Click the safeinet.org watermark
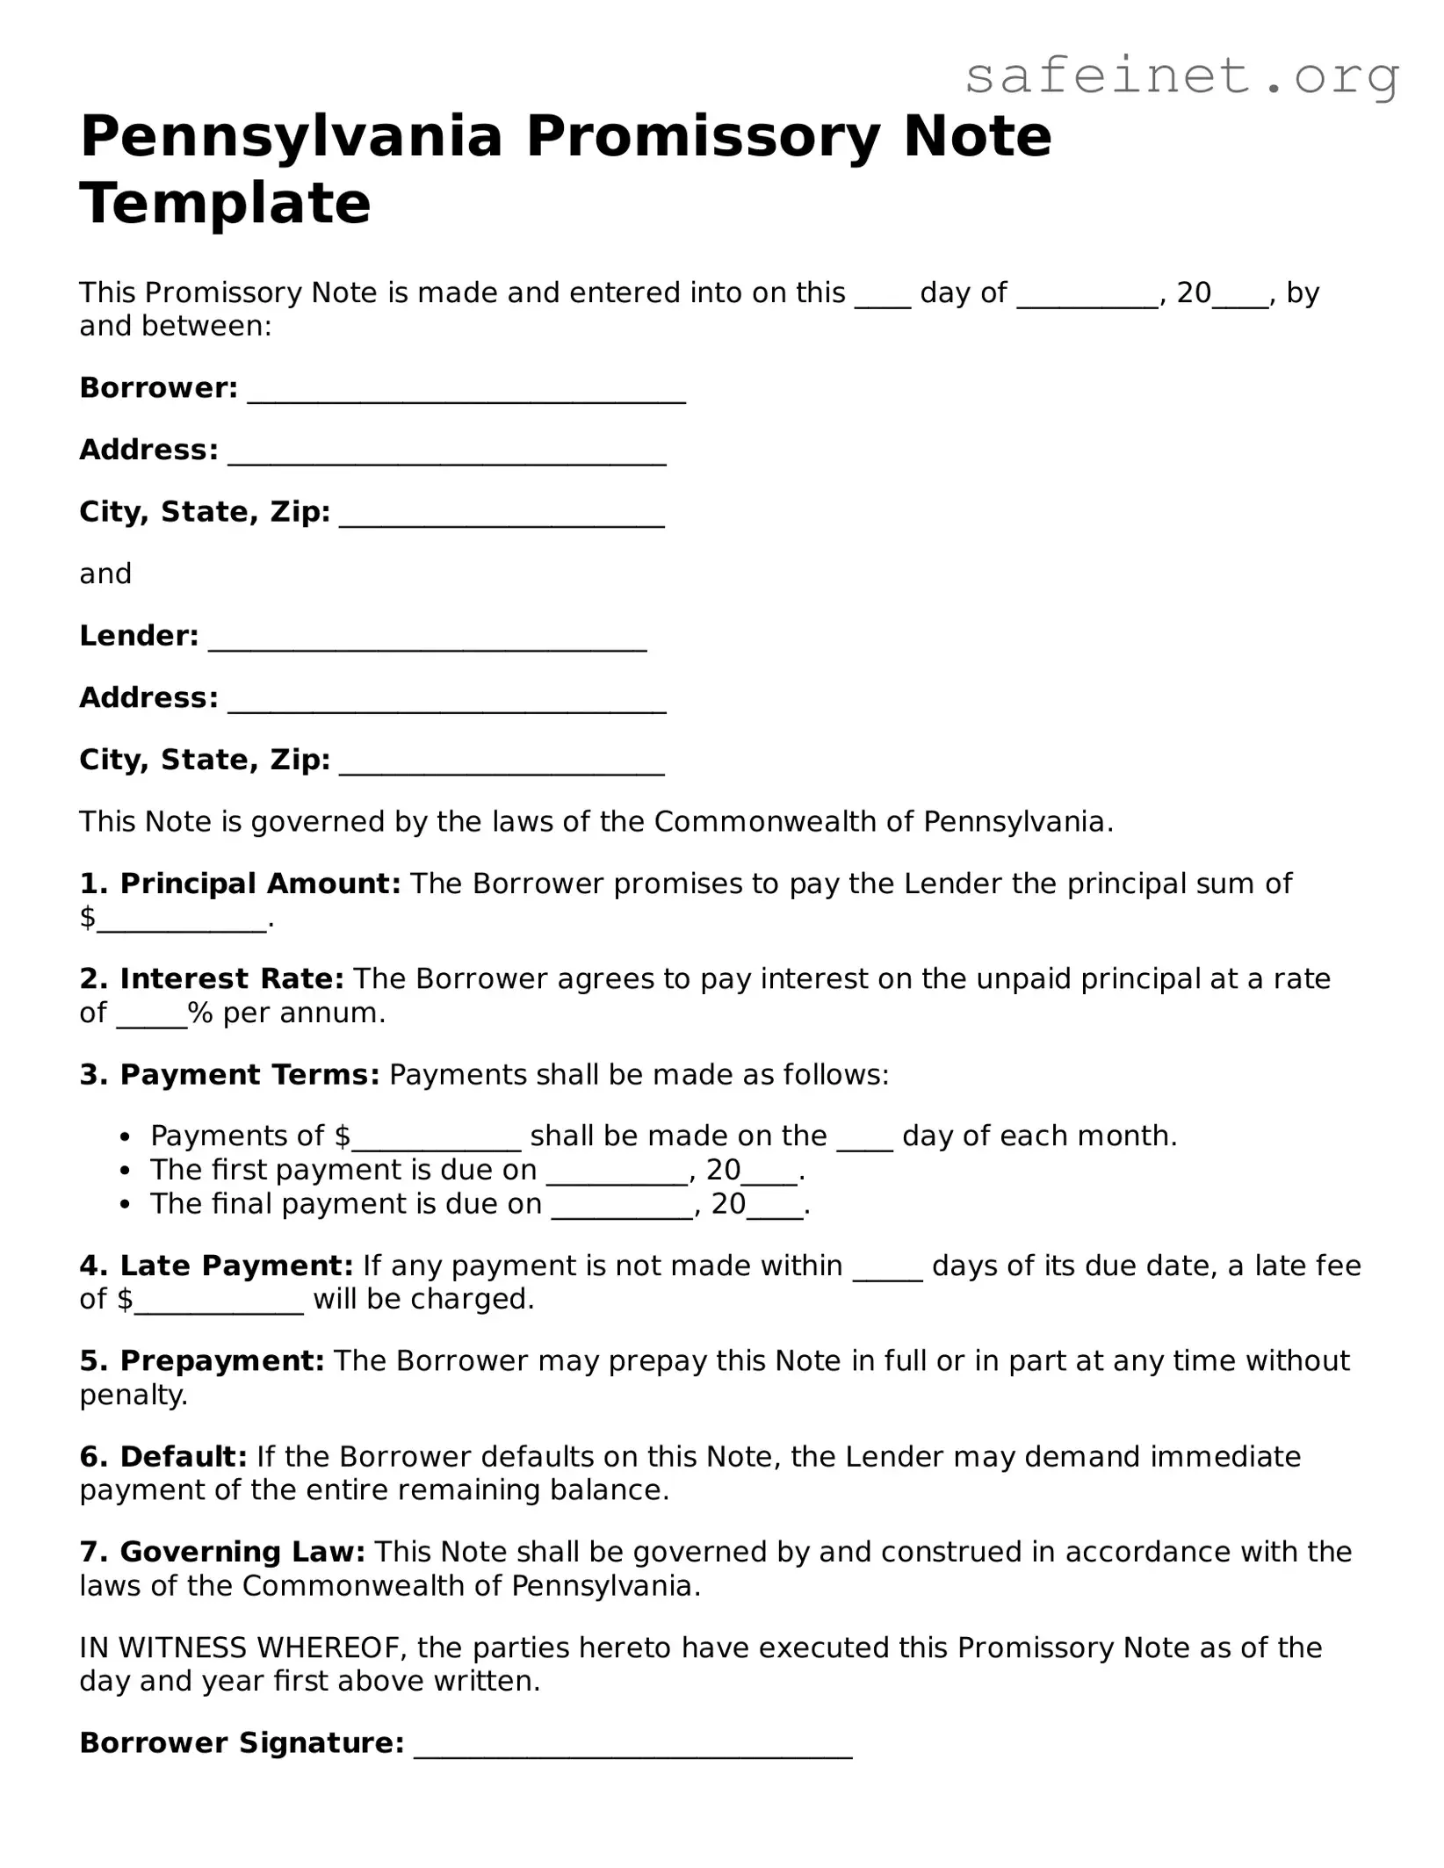pyautogui.click(x=1181, y=76)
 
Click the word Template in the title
pyautogui.click(x=225, y=203)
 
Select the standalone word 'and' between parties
pyautogui.click(x=105, y=574)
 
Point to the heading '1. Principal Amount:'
pyautogui.click(x=240, y=884)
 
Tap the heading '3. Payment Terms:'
pyautogui.click(x=229, y=1075)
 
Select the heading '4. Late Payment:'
pyautogui.click(x=216, y=1266)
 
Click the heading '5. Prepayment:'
pyautogui.click(x=202, y=1361)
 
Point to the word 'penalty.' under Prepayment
pyautogui.click(x=134, y=1395)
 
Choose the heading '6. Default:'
pyautogui.click(x=163, y=1457)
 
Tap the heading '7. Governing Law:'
pyautogui.click(x=222, y=1552)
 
